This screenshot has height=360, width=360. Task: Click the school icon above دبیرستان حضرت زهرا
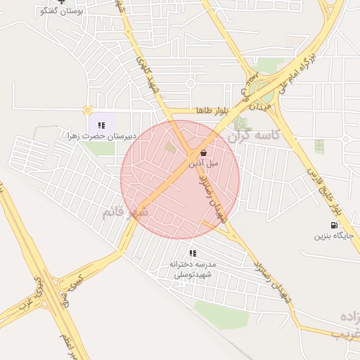tap(101, 125)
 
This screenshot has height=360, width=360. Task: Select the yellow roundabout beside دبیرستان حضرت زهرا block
tap(87, 110)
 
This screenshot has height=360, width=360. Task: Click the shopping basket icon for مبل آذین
tap(203, 152)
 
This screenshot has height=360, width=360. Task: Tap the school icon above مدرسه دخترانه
tap(193, 253)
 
